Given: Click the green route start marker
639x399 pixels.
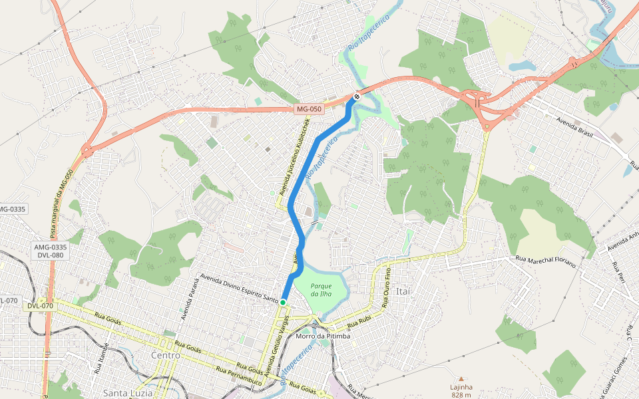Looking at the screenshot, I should tap(283, 303).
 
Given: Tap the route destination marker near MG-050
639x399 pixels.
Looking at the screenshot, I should tap(357, 97).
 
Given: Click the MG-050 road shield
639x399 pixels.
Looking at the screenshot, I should tap(309, 109).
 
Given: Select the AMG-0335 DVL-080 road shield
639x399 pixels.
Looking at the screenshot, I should tap(51, 251).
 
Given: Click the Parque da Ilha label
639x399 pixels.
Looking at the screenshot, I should tap(321, 290).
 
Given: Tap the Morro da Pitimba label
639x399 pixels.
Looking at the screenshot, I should tap(323, 336).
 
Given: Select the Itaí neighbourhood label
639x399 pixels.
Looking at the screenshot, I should tap(405, 291).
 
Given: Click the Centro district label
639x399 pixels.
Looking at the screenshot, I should tap(166, 356).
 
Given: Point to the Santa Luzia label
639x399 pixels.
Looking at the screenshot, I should tap(128, 393).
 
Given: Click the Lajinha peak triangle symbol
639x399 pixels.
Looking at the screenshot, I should tap(461, 378).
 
